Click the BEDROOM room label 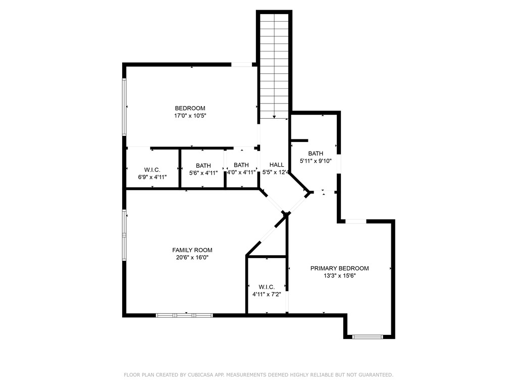point(190,108)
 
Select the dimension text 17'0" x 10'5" point(190,116)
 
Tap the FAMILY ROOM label point(192,250)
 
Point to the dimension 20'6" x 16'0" point(192,258)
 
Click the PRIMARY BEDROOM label point(339,268)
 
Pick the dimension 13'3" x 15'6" point(339,276)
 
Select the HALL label point(276,165)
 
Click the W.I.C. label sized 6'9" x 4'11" point(152,169)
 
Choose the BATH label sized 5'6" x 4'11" point(203,165)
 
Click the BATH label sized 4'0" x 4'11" point(241,165)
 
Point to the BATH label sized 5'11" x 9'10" point(316,154)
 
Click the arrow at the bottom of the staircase point(274,117)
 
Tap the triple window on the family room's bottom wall point(184,315)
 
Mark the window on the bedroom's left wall point(125,107)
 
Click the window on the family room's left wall point(125,235)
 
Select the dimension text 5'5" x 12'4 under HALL point(275,172)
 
